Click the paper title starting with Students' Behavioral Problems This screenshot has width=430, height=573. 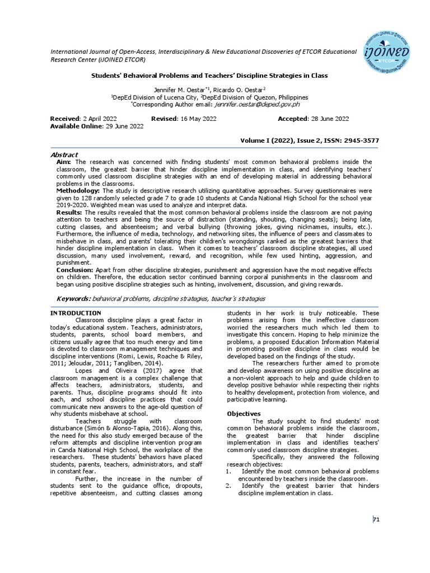pyautogui.click(x=209, y=75)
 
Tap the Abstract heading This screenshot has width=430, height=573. pyautogui.click(x=64, y=154)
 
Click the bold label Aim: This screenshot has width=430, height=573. pyautogui.click(x=64, y=162)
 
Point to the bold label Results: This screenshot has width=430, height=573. pyautogui.click(x=69, y=213)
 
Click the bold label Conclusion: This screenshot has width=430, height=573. pyautogui.click(x=75, y=270)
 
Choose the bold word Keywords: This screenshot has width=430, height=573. pyautogui.click(x=74, y=299)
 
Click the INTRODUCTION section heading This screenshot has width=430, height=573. pyautogui.click(x=76, y=313)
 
